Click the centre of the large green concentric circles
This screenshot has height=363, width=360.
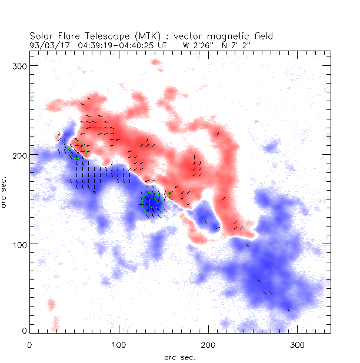(152, 202)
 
